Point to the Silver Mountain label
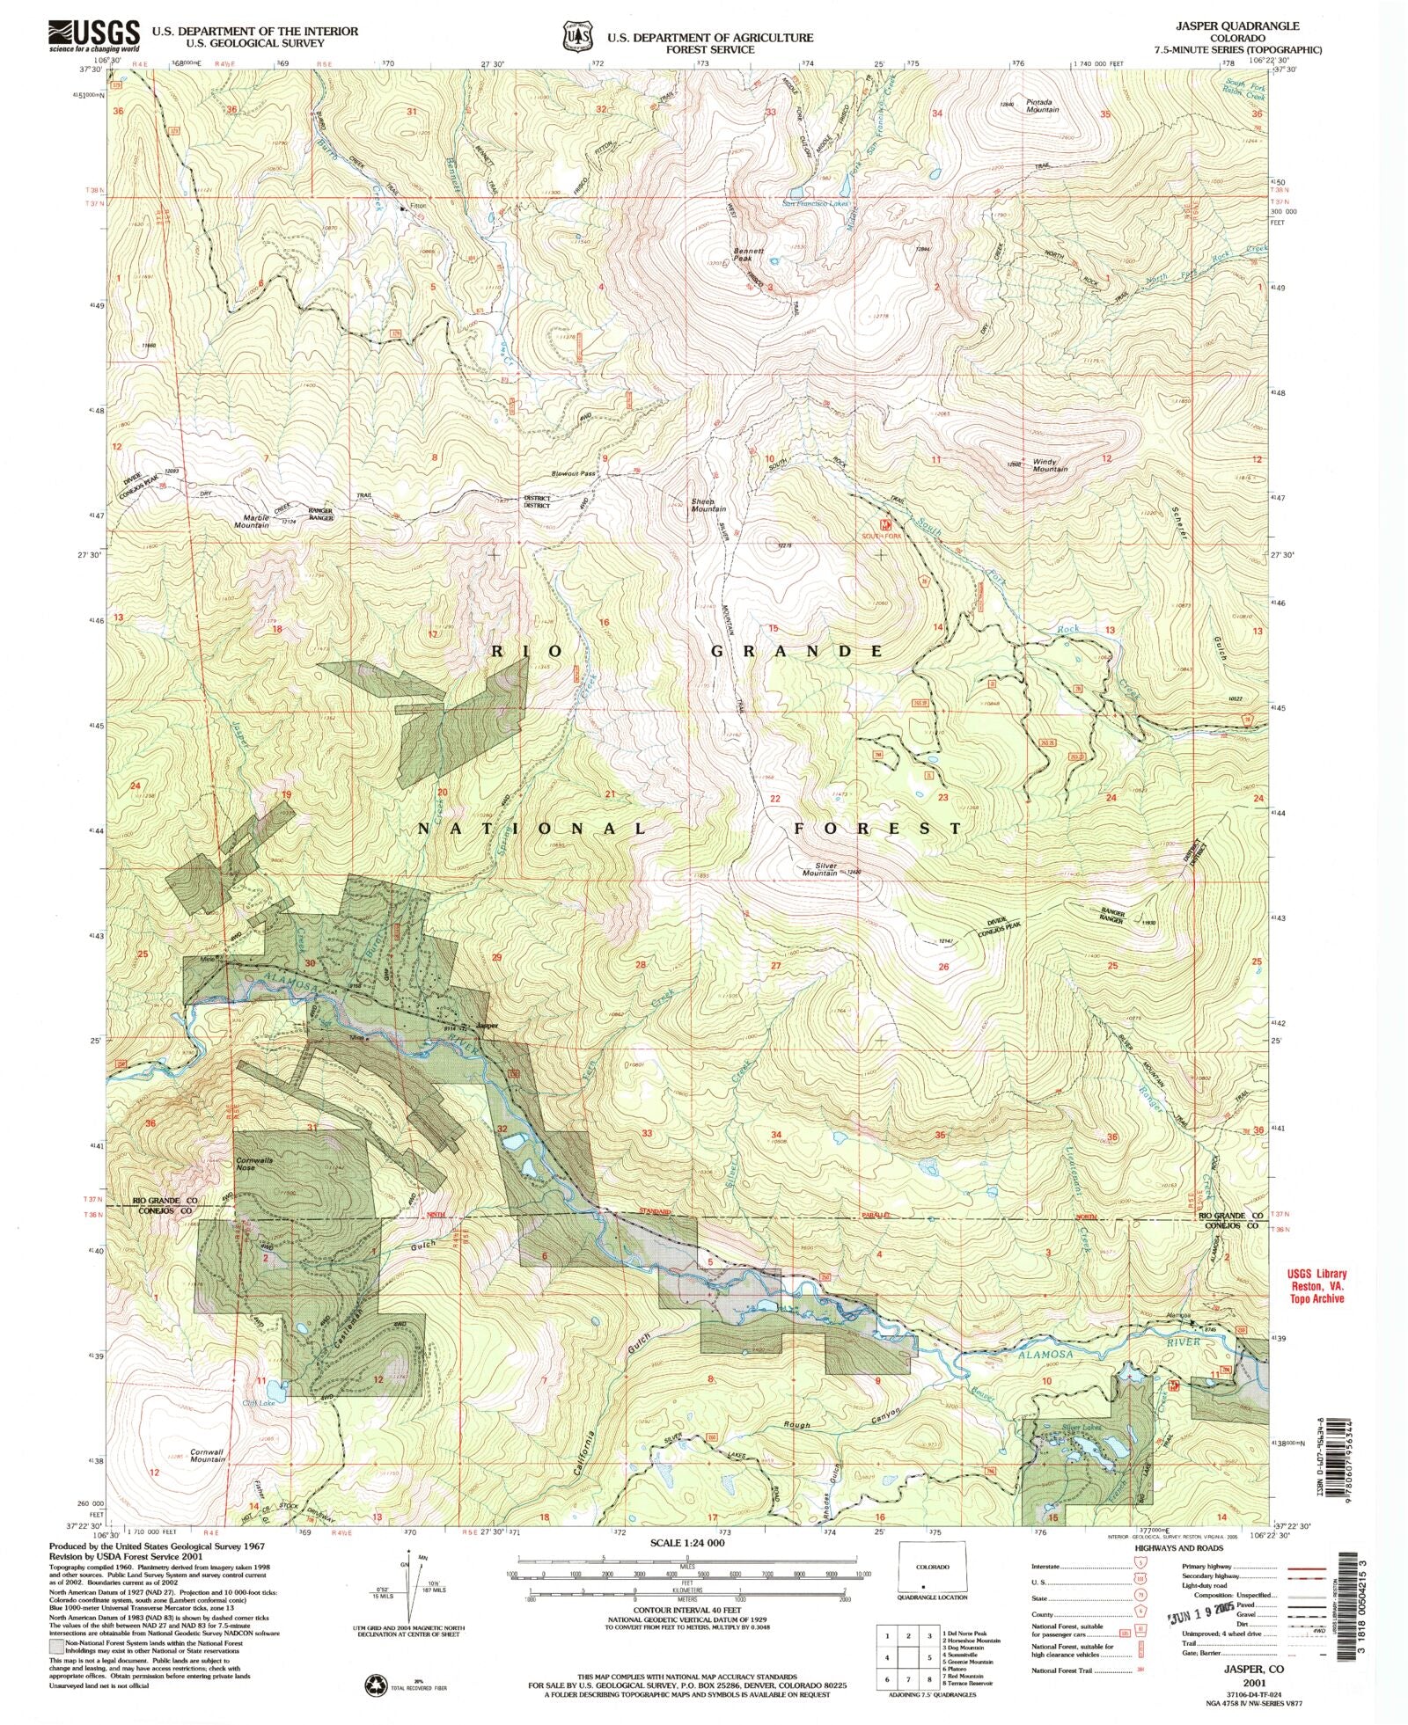pos(819,869)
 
